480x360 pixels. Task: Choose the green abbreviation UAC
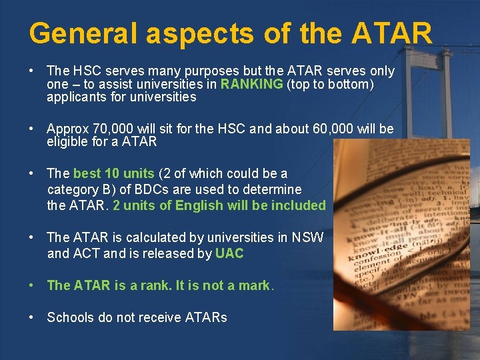(229, 253)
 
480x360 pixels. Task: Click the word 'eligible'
(66, 141)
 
